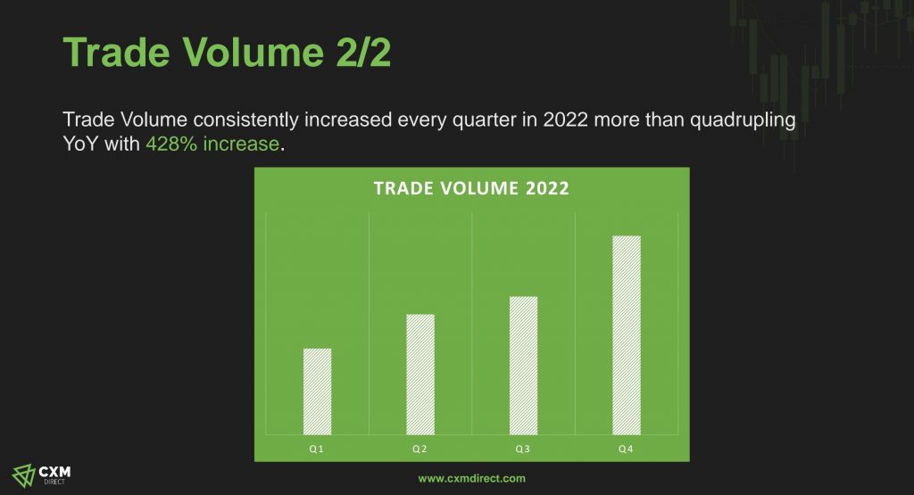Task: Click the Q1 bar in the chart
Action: click(317, 392)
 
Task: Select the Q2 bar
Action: click(420, 375)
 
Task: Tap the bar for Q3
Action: click(523, 366)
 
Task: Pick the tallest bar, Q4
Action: click(627, 335)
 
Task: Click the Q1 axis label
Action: click(317, 449)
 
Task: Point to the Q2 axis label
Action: click(420, 449)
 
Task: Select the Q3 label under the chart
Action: click(523, 449)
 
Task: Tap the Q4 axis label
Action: click(626, 449)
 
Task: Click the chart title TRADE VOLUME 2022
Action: click(471, 188)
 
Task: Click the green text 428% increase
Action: click(212, 144)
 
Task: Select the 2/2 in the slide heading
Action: click(364, 53)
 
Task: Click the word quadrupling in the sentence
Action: click(744, 120)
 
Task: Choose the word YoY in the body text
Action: click(81, 144)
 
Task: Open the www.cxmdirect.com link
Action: click(472, 479)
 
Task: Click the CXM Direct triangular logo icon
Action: click(24, 475)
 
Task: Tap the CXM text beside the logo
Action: click(54, 472)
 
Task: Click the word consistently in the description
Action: click(246, 120)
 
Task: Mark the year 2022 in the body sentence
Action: click(565, 120)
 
